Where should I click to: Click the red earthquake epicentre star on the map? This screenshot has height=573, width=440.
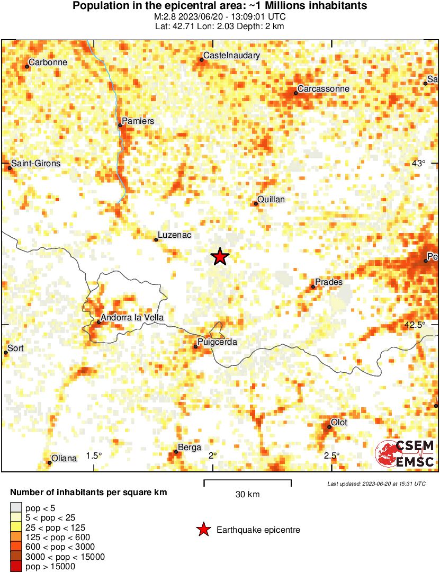[x=220, y=257]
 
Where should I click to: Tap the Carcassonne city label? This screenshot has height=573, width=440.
[x=323, y=88]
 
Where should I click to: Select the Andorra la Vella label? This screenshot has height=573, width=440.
[x=132, y=318]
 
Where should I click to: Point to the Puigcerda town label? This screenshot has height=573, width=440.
[x=217, y=342]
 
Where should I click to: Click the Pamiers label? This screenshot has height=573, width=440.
[x=138, y=121]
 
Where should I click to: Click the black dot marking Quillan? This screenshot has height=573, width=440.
[x=256, y=203]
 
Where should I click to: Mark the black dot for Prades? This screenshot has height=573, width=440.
[x=313, y=286]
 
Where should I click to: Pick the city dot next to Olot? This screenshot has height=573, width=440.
[x=329, y=426]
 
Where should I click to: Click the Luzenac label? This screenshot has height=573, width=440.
[x=174, y=236]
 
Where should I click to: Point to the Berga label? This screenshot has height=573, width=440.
[x=190, y=447]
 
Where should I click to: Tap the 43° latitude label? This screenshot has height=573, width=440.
[x=418, y=163]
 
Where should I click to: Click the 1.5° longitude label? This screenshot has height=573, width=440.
[x=94, y=456]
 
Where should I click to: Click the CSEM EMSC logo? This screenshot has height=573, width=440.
[x=406, y=454]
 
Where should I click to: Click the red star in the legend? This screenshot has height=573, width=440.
[x=203, y=530]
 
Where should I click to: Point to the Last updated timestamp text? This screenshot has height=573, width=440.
[x=376, y=484]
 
